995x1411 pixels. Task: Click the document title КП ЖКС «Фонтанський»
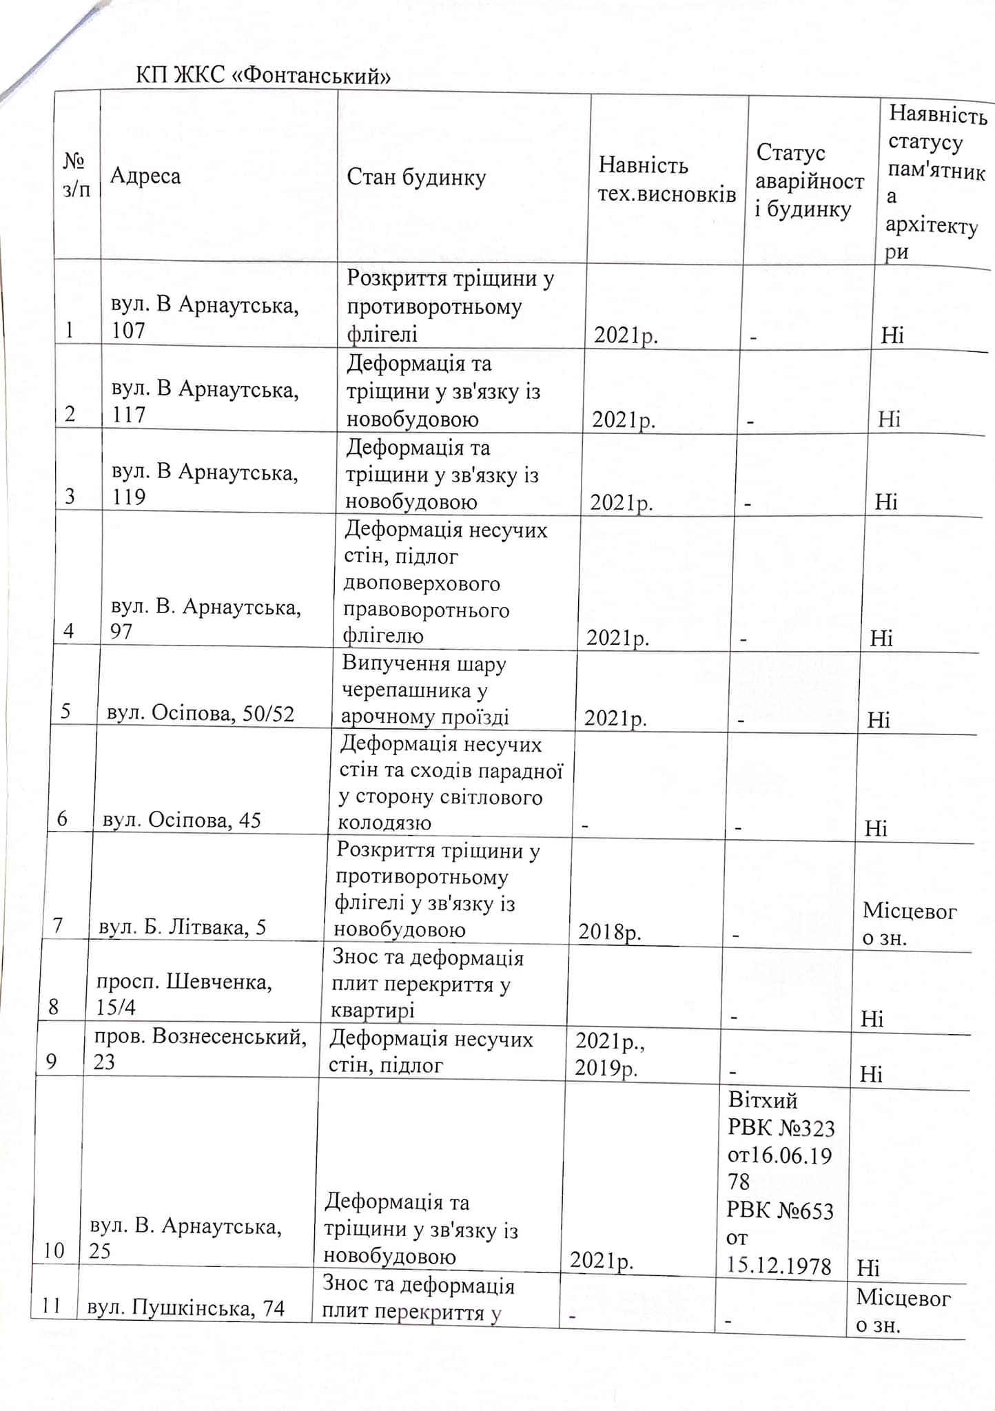263,75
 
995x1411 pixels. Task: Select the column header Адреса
145,176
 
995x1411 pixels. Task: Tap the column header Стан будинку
416,178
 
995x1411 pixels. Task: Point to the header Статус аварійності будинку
809,181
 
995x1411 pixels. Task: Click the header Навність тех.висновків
666,179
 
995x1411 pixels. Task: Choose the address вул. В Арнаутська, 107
205,318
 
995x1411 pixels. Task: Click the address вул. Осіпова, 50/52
201,714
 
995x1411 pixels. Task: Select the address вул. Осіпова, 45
182,820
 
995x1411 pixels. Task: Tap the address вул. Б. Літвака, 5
183,927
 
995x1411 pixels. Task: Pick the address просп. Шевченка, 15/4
184,994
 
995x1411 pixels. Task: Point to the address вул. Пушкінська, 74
186,1307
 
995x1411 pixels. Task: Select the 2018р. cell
610,932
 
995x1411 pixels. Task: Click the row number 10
54,1250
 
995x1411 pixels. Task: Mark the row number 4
69,631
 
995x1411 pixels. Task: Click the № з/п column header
76,175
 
